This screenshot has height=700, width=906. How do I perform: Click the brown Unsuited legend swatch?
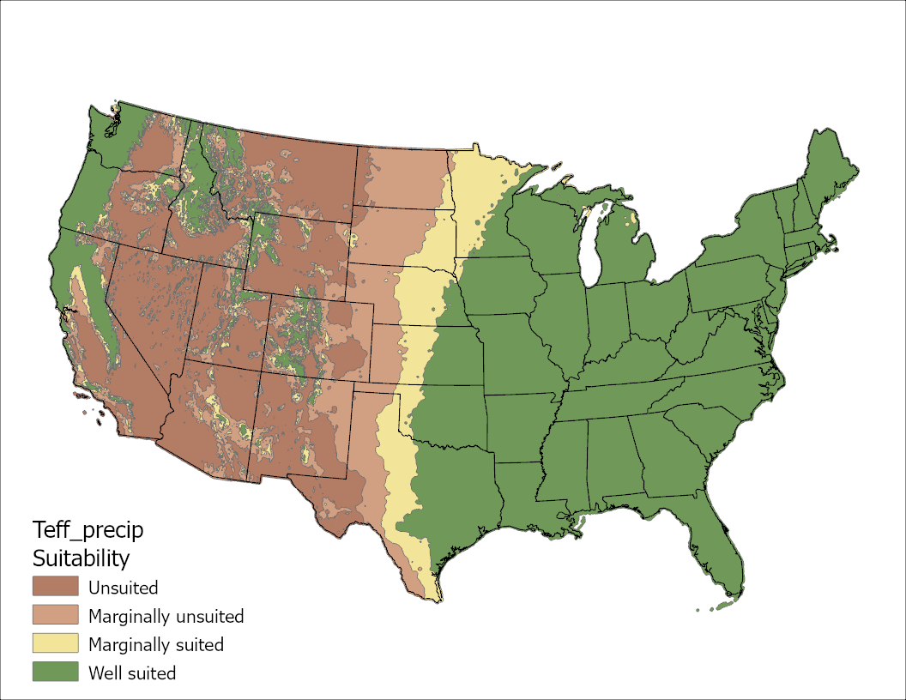[x=55, y=587]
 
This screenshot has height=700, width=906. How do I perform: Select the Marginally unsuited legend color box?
[x=55, y=615]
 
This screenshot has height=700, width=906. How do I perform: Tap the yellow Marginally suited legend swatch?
[x=55, y=643]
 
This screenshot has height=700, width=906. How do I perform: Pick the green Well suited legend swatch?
[x=55, y=672]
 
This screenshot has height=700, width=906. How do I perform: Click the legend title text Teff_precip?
[x=88, y=529]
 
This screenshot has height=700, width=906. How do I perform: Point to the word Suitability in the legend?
[x=81, y=558]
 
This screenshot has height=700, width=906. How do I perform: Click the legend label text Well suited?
[x=132, y=673]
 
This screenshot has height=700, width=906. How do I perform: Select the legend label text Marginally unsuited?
[x=166, y=616]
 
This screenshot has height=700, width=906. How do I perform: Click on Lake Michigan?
[x=589, y=249]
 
